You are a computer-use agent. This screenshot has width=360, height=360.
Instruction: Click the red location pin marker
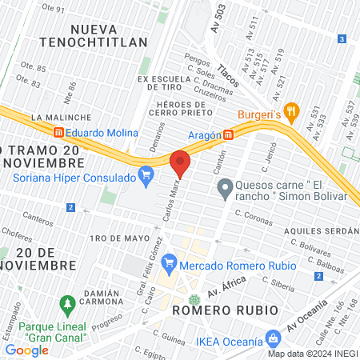point(180,164)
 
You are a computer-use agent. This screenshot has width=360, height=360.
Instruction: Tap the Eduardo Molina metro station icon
point(58,133)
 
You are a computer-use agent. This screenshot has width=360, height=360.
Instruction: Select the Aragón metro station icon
point(229,134)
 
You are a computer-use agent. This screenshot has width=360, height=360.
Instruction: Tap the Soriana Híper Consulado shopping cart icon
point(146,174)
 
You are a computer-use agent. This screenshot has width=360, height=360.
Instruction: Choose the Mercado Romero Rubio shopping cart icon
point(169,262)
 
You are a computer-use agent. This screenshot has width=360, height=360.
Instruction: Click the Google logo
point(26,350)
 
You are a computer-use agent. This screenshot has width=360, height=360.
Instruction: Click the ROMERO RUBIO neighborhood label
point(225,309)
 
